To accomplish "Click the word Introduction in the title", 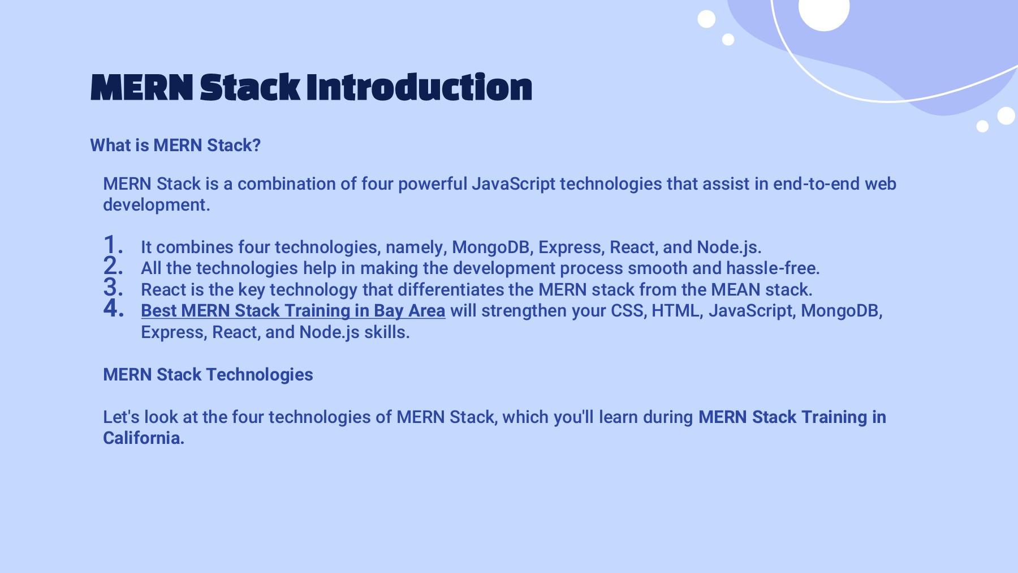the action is coord(419,87).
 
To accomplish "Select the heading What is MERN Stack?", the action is coord(175,146).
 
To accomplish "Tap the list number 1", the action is coord(113,245).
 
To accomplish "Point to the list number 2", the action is coord(113,266).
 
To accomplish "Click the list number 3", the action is coord(113,287).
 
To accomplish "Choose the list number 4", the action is coord(113,308).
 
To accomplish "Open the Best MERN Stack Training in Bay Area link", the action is coord(293,311).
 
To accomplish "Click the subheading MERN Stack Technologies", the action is coord(208,375).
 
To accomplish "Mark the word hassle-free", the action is coord(773,268).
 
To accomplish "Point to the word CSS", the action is coord(628,311).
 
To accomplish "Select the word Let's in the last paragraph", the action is coord(121,417).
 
